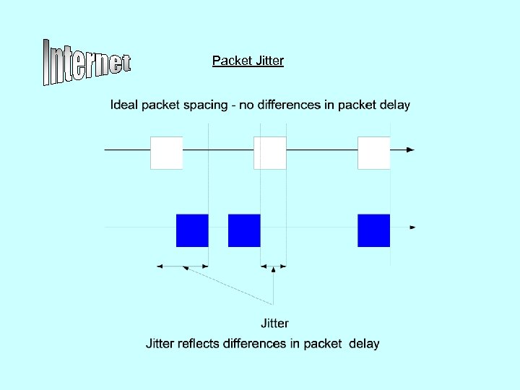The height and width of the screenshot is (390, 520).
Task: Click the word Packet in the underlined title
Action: coord(230,61)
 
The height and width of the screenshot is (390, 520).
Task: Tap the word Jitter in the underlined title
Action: coord(268,61)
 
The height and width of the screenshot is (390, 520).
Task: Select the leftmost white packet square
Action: coord(166,152)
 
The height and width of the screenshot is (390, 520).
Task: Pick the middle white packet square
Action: coord(270,152)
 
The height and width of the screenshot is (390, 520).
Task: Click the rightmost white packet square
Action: coord(374,152)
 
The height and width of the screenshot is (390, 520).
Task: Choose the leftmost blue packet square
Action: coord(192,230)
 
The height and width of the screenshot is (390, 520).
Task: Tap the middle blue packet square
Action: coord(244,230)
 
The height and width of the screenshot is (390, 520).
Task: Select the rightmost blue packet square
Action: coord(374,230)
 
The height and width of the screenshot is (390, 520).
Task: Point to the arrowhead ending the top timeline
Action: coord(410,149)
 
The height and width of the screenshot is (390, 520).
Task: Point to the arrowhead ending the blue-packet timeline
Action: coord(412,227)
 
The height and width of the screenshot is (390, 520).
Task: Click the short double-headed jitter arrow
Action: coord(274,266)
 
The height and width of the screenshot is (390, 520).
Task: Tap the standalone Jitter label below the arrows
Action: coord(274,324)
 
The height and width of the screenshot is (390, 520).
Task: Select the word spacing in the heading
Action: coord(203,105)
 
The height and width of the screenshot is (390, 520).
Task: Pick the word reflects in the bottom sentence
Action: coord(199,344)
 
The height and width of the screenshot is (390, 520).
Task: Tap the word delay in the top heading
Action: coord(394,105)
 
